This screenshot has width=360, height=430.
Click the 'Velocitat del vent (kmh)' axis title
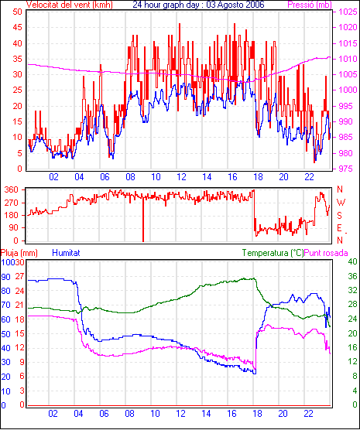(x=70, y=5)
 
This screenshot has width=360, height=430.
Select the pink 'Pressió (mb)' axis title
(x=310, y=5)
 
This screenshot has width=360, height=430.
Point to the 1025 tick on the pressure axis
(x=348, y=12)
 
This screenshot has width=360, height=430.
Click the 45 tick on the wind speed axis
(x=17, y=27)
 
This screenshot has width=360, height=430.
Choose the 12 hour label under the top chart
(x=181, y=177)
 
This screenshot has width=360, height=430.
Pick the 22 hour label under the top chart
(x=309, y=177)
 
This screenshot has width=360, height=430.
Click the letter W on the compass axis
(x=341, y=203)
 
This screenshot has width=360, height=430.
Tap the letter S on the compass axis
(x=339, y=216)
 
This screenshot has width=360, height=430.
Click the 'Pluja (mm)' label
(x=19, y=253)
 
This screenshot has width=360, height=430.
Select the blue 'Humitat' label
(x=66, y=253)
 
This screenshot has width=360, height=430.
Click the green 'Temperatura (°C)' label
(x=273, y=253)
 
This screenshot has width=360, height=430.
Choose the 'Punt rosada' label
(x=326, y=253)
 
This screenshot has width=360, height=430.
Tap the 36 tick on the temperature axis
(x=352, y=276)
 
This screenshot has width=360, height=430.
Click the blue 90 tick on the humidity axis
(x=5, y=277)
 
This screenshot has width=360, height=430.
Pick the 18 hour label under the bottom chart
(x=257, y=413)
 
